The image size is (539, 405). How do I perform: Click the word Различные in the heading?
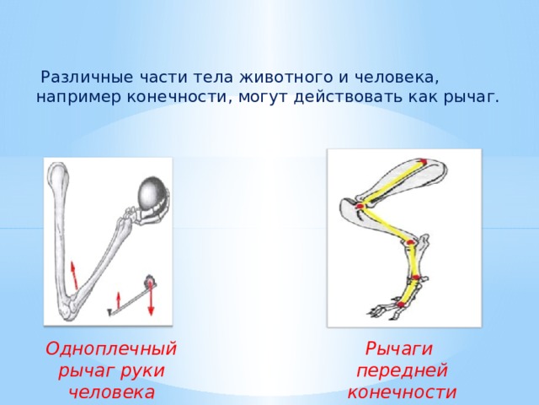[x=87, y=77]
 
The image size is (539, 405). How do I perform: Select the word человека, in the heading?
[x=397, y=77]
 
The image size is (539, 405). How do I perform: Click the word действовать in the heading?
[x=348, y=96]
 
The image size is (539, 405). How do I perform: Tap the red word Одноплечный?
[x=110, y=348]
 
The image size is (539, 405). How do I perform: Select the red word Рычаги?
[x=398, y=348]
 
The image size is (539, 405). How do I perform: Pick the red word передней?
[x=403, y=371]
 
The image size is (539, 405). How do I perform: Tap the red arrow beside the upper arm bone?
[x=75, y=274]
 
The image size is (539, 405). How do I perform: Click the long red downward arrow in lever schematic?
[x=151, y=298]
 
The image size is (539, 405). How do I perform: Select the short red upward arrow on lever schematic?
[x=118, y=300]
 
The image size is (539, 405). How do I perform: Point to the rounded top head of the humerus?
[x=58, y=173]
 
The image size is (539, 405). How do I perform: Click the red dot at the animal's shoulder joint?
[x=360, y=206]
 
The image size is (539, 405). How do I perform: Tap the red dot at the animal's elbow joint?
[x=410, y=242]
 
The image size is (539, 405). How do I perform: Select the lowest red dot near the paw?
[x=401, y=304]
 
